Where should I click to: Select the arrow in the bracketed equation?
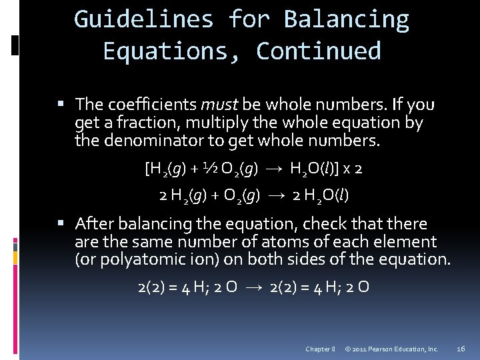(x=275, y=169)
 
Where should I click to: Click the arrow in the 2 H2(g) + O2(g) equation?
(x=278, y=195)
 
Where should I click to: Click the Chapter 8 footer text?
(x=320, y=349)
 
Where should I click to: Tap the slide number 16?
(x=461, y=349)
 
